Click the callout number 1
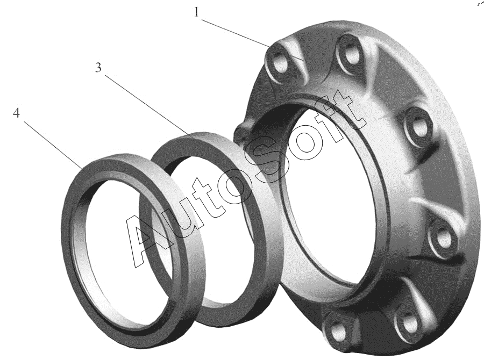click(x=196, y=12)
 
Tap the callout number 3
click(x=98, y=68)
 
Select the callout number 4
click(x=16, y=113)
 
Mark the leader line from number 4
click(x=53, y=145)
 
